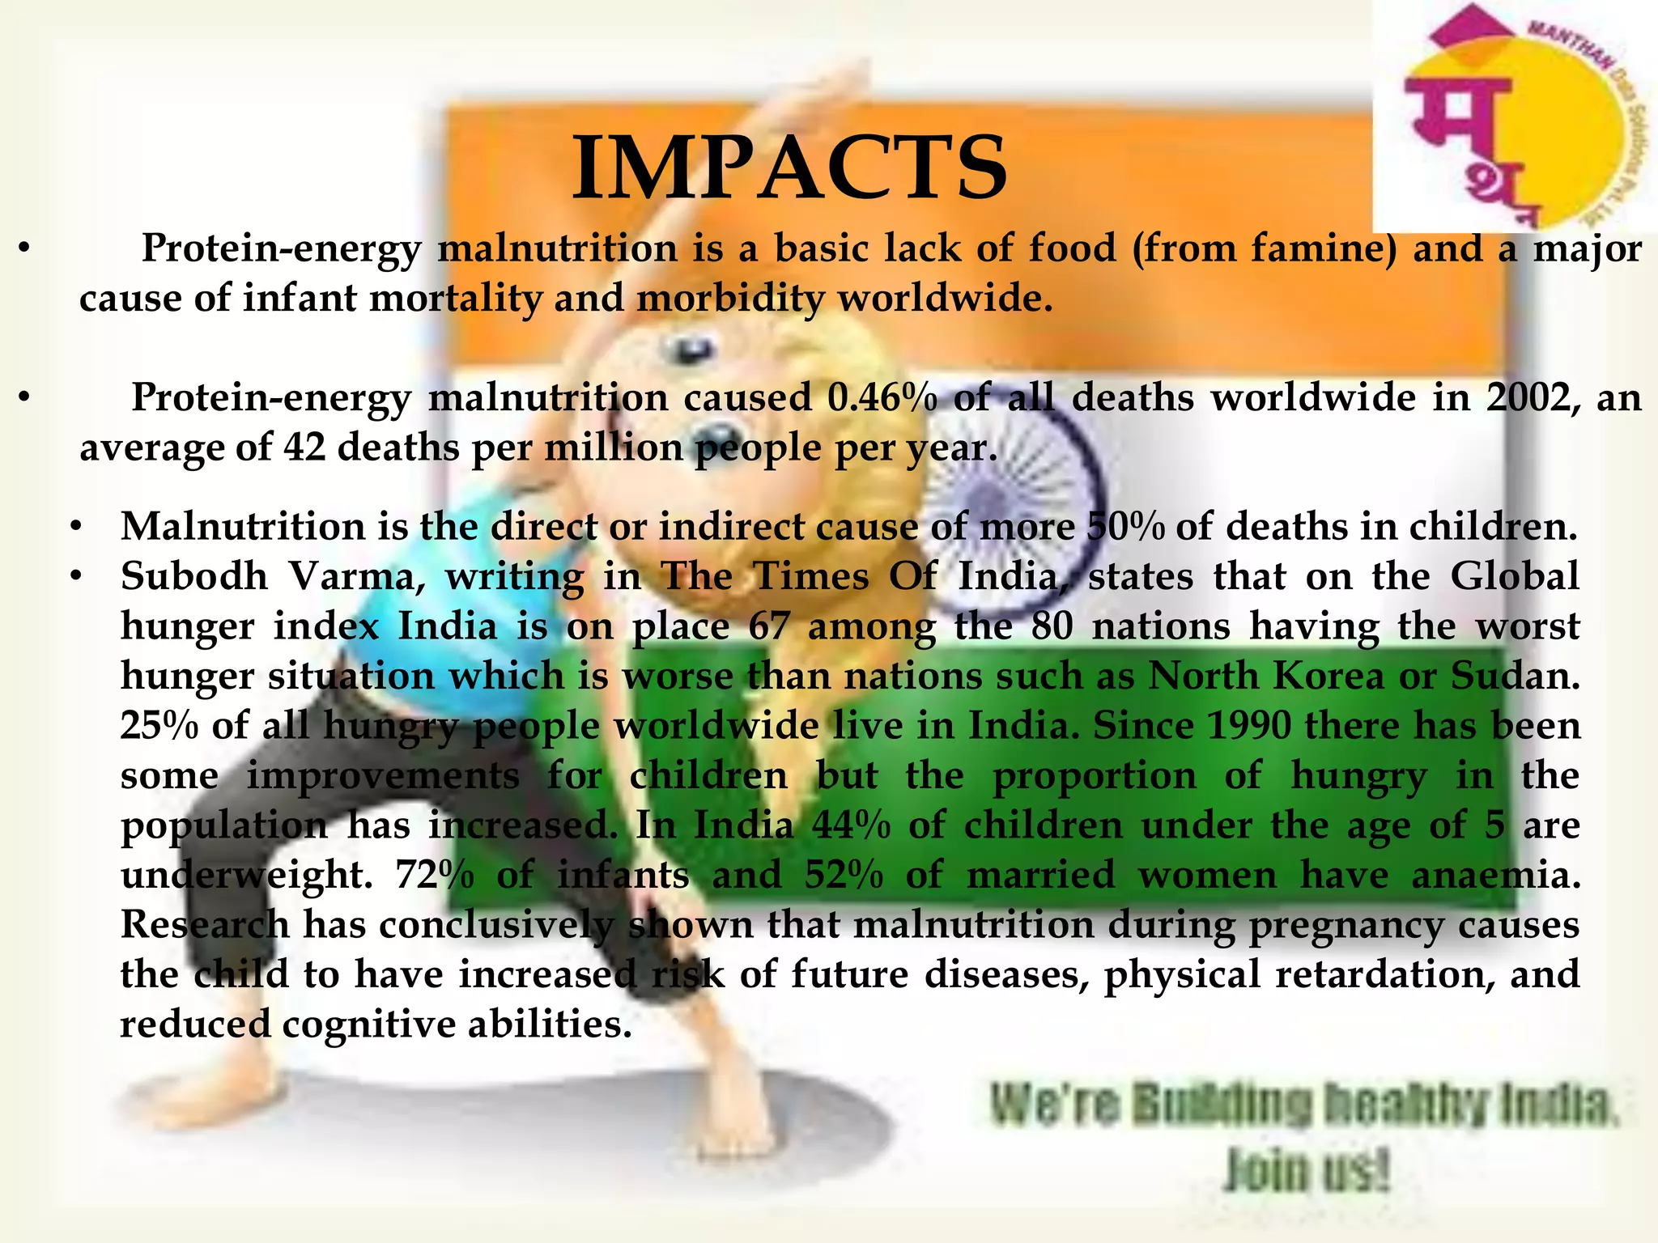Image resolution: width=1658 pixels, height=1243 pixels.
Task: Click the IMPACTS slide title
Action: (789, 168)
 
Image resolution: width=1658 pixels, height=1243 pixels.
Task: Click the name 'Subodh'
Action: (194, 576)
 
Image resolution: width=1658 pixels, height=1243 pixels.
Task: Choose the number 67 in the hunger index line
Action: (768, 626)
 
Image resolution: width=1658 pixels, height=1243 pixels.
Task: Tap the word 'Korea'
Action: (1329, 676)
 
